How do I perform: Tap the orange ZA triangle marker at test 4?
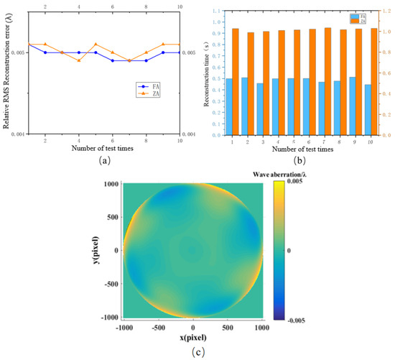click(x=79, y=60)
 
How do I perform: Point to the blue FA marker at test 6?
click(x=113, y=60)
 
